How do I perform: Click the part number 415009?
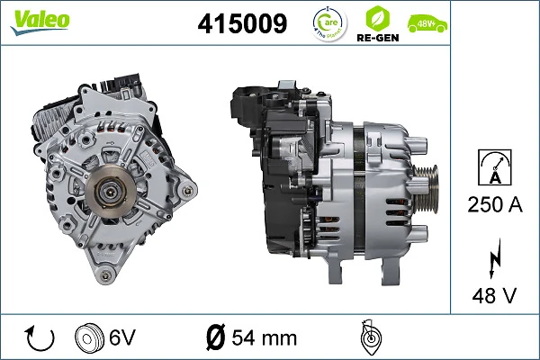pos(242,24)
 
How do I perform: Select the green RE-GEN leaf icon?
pos(378,17)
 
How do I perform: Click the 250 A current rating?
pos(495,204)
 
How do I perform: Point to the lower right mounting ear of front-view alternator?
pos(186,190)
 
